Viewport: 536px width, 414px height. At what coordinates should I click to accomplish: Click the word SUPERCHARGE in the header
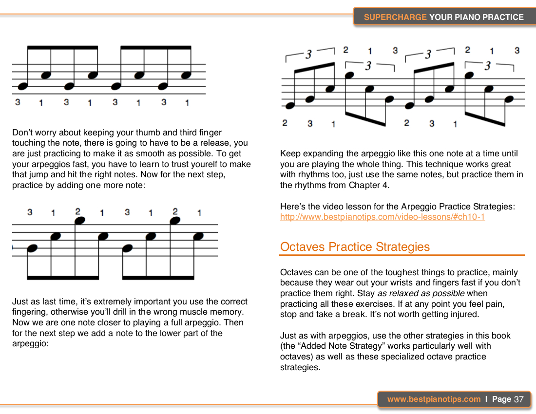pyautogui.click(x=395, y=17)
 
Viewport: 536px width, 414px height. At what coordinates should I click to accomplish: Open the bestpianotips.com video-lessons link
pyautogui.click(x=382, y=217)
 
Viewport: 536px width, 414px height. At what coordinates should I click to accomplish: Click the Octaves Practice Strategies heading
pyautogui.click(x=355, y=247)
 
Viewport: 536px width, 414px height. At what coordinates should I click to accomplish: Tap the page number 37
pyautogui.click(x=518, y=399)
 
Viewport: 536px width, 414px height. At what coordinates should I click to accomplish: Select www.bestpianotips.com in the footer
pyautogui.click(x=434, y=399)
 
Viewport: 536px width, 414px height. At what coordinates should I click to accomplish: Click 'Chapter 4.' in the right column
pyautogui.click(x=365, y=185)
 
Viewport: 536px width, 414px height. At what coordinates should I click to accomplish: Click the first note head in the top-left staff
pyautogui.click(x=21, y=86)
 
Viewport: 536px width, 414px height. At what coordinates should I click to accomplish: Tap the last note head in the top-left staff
pyautogui.click(x=186, y=75)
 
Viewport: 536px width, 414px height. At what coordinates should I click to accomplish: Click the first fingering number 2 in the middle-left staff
pyautogui.click(x=77, y=211)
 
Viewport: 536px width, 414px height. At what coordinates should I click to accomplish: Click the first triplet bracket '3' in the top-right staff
pyautogui.click(x=308, y=55)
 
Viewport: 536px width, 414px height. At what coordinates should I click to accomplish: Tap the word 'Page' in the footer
pyautogui.click(x=501, y=399)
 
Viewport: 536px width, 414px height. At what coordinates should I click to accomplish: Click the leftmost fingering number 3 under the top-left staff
pyautogui.click(x=18, y=102)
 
